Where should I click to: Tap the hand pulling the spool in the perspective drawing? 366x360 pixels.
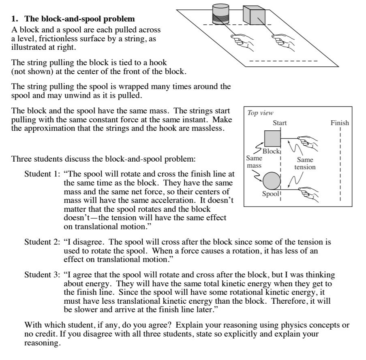coord(242,40)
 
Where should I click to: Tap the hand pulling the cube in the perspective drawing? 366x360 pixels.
coord(283,40)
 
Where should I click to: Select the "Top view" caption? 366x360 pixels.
coord(260,113)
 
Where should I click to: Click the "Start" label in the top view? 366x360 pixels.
coord(280,123)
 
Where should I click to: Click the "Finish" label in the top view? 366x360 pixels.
coord(340,123)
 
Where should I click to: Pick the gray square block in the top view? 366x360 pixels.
coord(272,138)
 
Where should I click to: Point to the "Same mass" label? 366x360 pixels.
coord(254,162)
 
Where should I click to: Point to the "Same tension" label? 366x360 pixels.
coord(305,164)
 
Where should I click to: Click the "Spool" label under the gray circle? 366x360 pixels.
coord(270,194)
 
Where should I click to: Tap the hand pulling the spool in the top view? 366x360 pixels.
coord(310,194)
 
